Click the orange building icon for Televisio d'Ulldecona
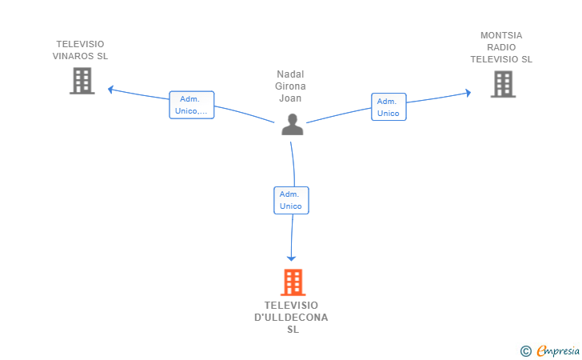(293, 282)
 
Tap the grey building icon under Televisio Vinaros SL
(82, 81)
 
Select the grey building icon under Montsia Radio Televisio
(503, 84)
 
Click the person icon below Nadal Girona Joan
(293, 125)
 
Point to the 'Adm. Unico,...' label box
(192, 105)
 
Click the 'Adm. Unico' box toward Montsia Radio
(389, 107)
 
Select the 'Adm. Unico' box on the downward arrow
(291, 200)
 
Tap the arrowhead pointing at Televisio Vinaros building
(111, 89)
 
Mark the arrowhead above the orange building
(292, 258)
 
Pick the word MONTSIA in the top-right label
(501, 35)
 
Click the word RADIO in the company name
(501, 47)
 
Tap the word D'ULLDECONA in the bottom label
(291, 318)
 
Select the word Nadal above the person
(290, 74)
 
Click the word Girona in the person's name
(290, 86)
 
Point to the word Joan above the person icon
(290, 98)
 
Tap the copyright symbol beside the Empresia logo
(525, 350)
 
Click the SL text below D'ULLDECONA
(292, 330)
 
